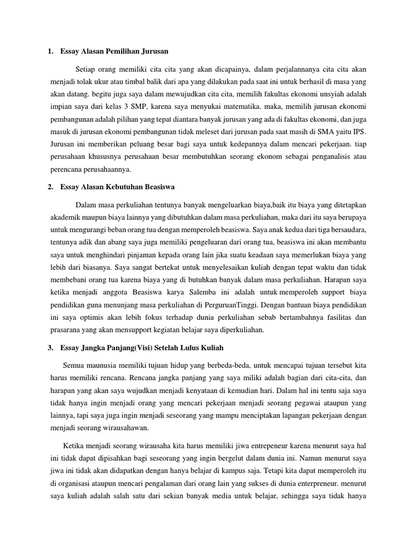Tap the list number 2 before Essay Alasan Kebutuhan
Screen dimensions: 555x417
click(50, 187)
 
